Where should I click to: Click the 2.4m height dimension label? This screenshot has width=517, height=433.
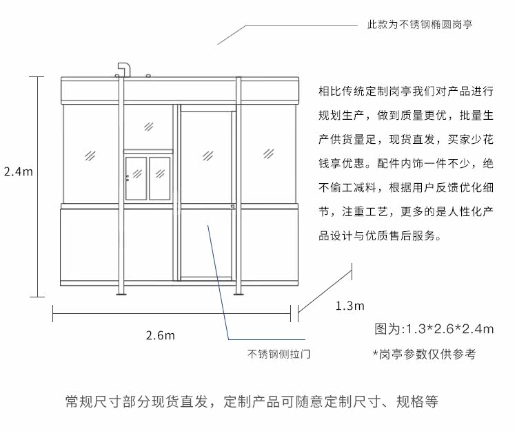(x=18, y=172)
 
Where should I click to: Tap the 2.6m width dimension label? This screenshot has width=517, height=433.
(x=160, y=335)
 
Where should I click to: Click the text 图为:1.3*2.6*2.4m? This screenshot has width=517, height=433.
(x=434, y=328)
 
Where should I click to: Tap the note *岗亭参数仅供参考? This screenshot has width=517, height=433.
(x=423, y=355)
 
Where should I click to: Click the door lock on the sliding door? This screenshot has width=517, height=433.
(x=234, y=208)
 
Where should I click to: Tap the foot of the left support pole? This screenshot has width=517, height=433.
(x=122, y=295)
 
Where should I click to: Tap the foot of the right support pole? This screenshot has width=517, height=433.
(x=238, y=295)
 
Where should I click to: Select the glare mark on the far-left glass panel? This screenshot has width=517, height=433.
(x=89, y=154)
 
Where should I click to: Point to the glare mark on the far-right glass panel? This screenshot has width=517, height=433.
(x=267, y=153)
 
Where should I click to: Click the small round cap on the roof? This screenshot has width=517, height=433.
(x=148, y=76)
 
